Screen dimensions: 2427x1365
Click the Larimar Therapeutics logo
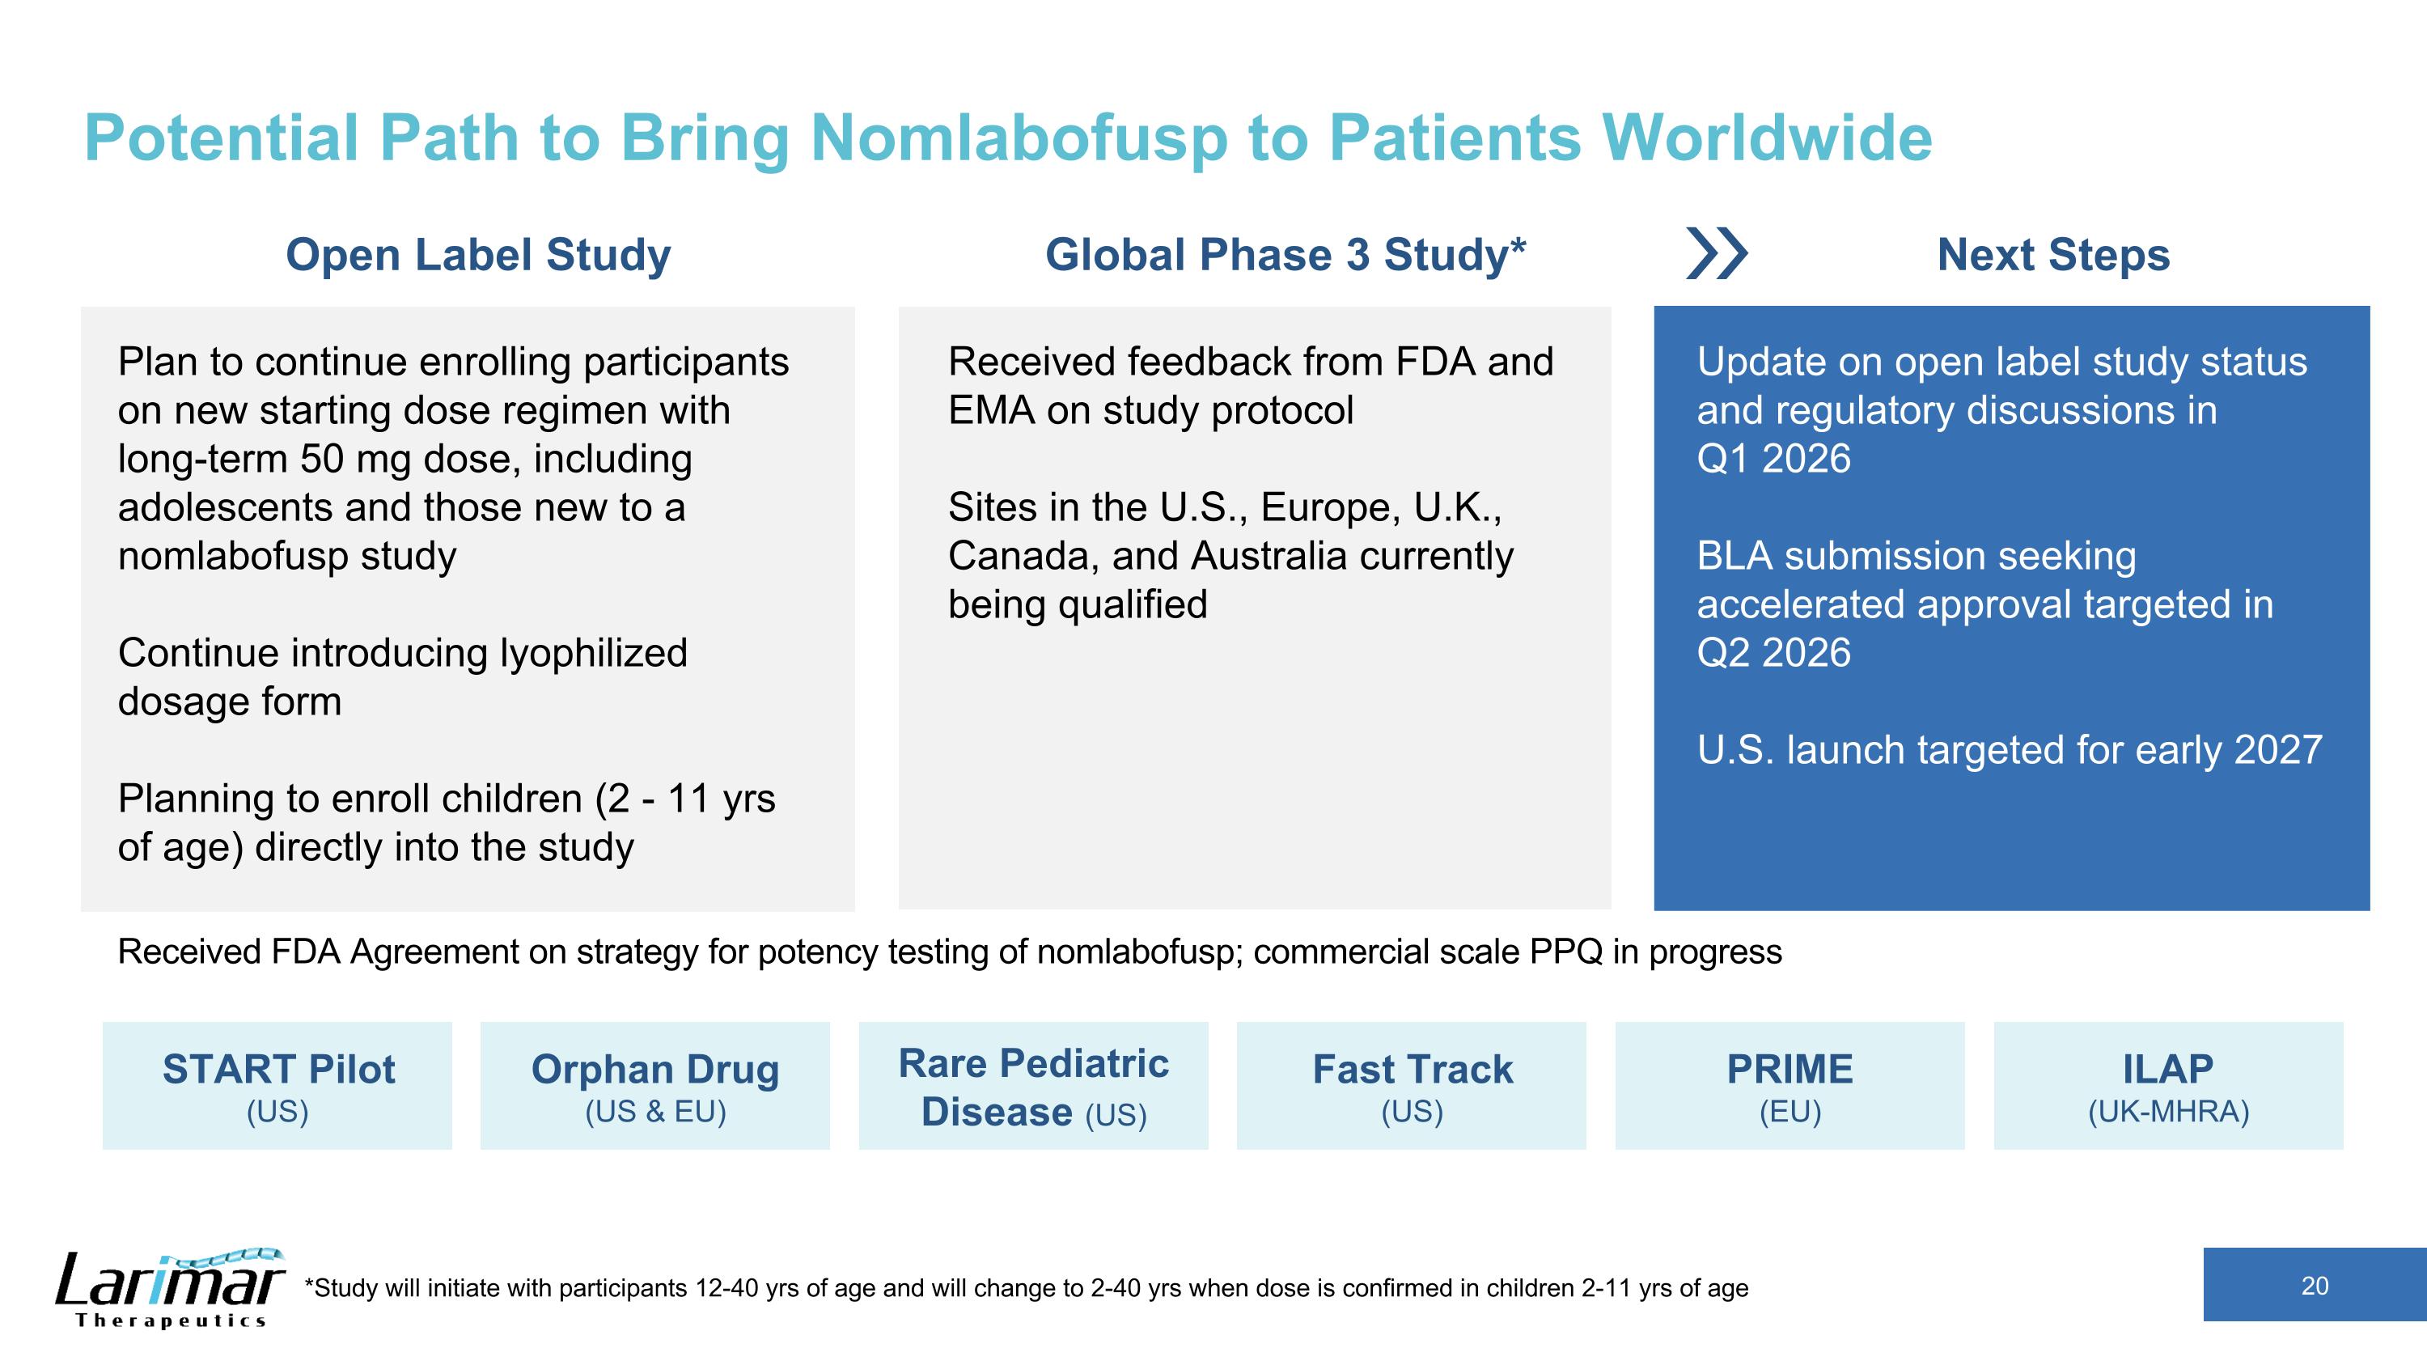[x=170, y=1288]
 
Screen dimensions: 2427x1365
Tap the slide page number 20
[x=2314, y=1286]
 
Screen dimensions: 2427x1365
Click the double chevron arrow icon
[x=1717, y=253]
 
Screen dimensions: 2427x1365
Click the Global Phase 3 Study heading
[x=1286, y=254]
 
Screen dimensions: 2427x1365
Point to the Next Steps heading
[x=2053, y=254]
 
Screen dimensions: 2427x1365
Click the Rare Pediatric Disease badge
[x=1034, y=1085]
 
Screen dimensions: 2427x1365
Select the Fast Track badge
[x=1412, y=1085]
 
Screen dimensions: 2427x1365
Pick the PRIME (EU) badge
[x=1790, y=1085]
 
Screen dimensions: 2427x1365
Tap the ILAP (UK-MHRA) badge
[x=2168, y=1085]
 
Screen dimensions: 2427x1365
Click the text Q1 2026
[x=1773, y=459]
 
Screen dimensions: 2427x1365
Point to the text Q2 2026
[x=1773, y=653]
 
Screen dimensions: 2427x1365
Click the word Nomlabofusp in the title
[x=1019, y=138]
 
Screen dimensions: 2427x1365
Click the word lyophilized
[x=594, y=654]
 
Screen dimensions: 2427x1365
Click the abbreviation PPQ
[x=1566, y=952]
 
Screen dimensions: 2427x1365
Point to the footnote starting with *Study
[x=1026, y=1288]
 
